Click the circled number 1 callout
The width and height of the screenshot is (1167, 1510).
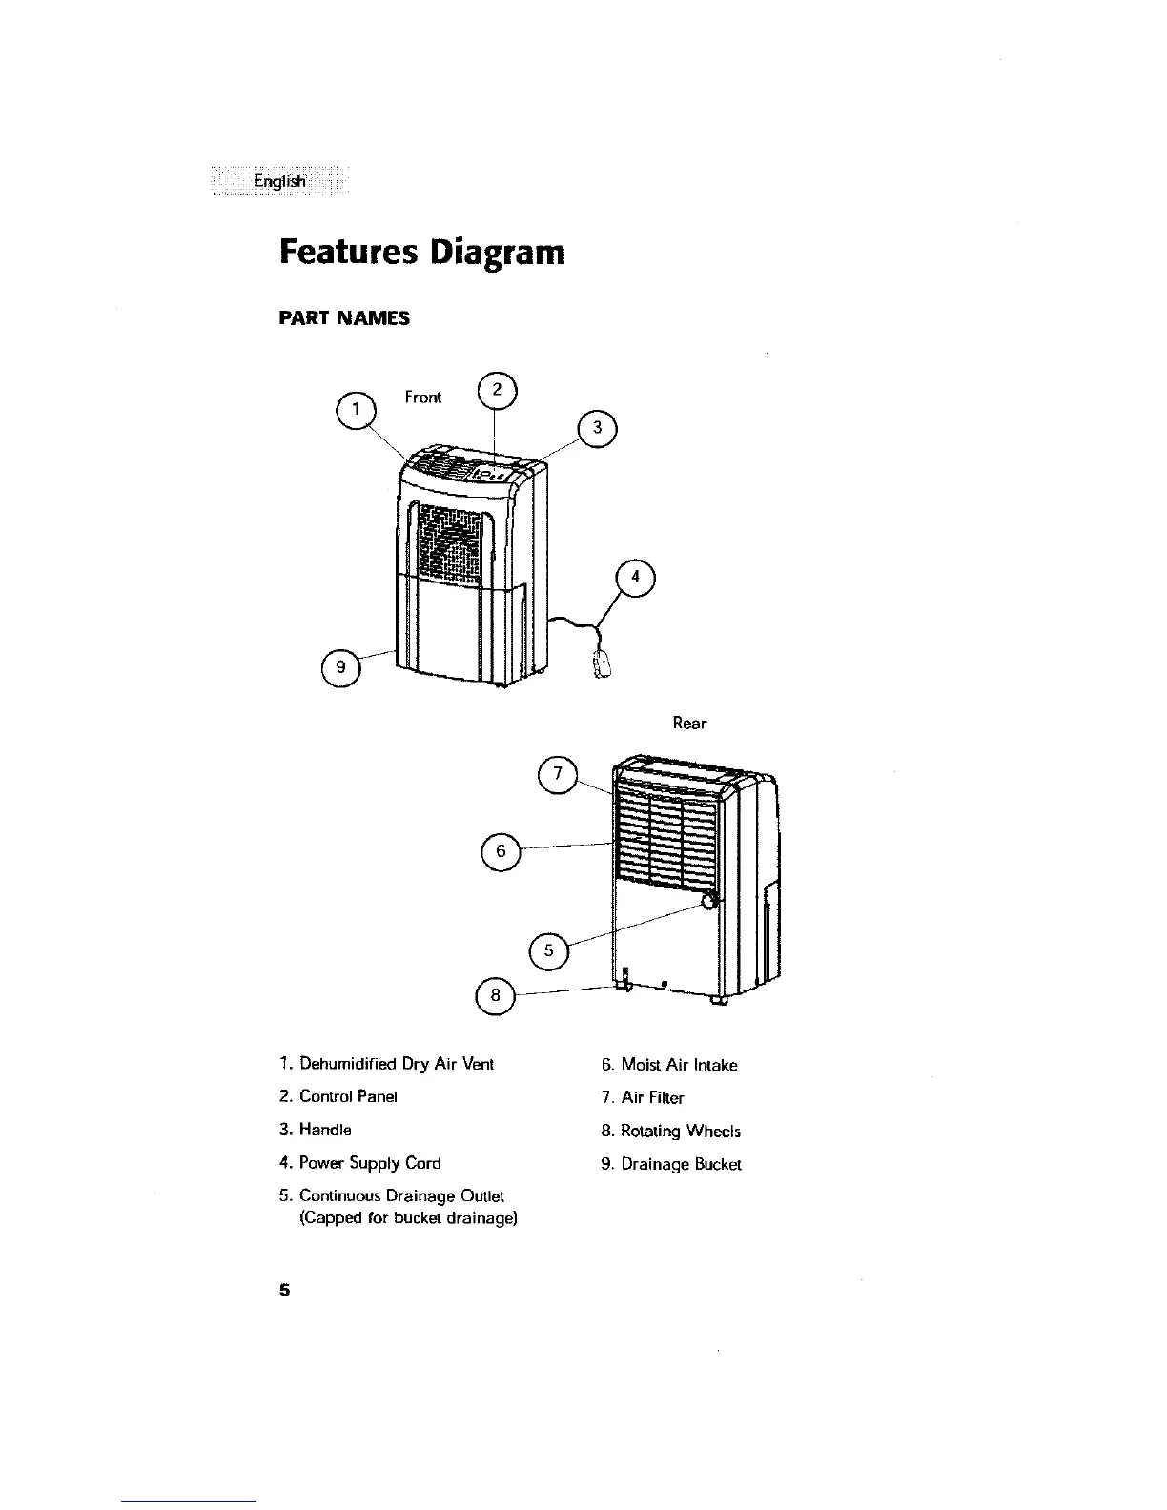click(356, 410)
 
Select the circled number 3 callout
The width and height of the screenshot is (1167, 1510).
click(598, 428)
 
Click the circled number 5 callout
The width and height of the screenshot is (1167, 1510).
click(547, 949)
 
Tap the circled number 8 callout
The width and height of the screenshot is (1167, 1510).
click(494, 996)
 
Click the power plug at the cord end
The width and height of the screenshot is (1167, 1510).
click(603, 664)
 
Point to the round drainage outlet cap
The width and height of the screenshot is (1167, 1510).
click(709, 902)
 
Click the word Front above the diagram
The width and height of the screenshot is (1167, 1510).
click(423, 397)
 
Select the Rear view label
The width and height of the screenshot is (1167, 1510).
click(690, 724)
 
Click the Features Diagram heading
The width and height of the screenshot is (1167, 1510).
click(421, 253)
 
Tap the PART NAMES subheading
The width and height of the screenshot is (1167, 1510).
click(343, 318)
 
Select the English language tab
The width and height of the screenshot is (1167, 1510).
click(279, 181)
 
